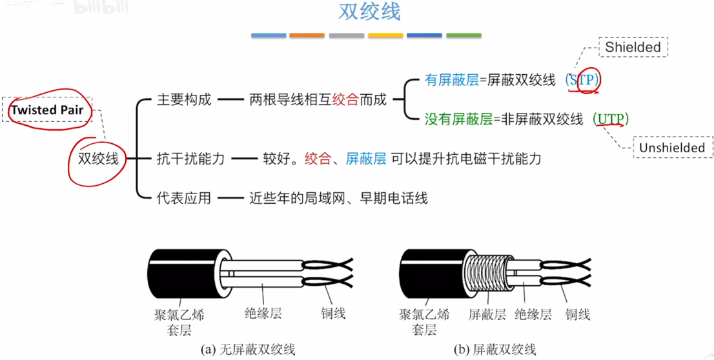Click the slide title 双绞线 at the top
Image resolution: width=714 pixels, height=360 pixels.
click(369, 12)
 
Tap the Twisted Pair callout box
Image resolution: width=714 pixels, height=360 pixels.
click(47, 109)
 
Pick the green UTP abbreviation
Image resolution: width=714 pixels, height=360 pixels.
click(611, 119)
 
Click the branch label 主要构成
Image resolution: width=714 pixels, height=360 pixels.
click(184, 99)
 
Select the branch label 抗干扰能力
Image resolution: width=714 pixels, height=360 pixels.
click(191, 159)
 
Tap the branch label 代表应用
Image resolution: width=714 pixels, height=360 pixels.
click(184, 198)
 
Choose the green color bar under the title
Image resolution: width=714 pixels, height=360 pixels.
click(464, 35)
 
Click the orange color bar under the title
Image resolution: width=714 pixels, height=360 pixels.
click(307, 35)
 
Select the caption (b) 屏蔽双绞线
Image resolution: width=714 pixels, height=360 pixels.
click(495, 350)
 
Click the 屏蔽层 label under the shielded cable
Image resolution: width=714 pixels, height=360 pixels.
click(487, 314)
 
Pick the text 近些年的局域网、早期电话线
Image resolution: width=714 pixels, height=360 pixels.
click(339, 198)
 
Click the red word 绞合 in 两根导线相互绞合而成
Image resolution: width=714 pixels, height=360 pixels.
click(346, 99)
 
